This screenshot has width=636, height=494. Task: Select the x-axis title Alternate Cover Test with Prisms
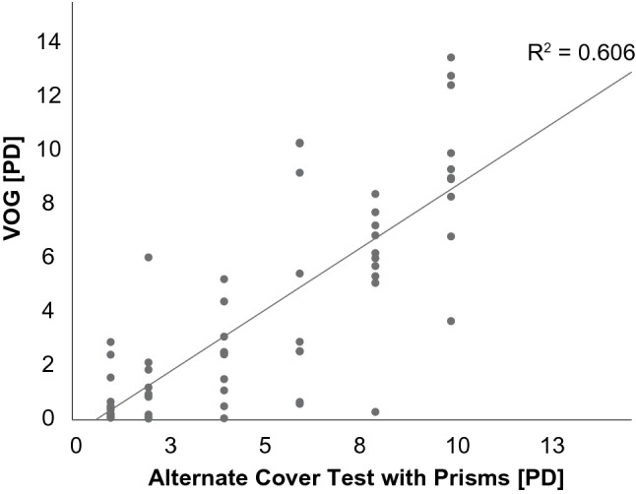355,478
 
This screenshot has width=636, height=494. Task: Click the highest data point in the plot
451,58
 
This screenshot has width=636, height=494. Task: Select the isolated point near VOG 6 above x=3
149,258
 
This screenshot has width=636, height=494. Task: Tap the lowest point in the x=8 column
375,412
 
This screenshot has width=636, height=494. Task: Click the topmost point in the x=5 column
224,279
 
